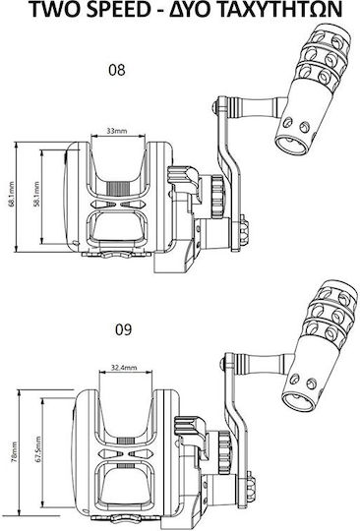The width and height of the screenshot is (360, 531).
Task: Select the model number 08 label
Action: [x=117, y=70]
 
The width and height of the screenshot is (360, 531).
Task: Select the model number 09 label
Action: [x=123, y=329]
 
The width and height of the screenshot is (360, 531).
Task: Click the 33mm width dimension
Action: [x=117, y=131]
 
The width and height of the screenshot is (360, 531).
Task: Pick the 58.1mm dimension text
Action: [x=37, y=194]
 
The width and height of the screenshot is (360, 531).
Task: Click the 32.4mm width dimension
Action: [x=124, y=367]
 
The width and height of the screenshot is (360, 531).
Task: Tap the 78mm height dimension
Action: [x=14, y=452]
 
